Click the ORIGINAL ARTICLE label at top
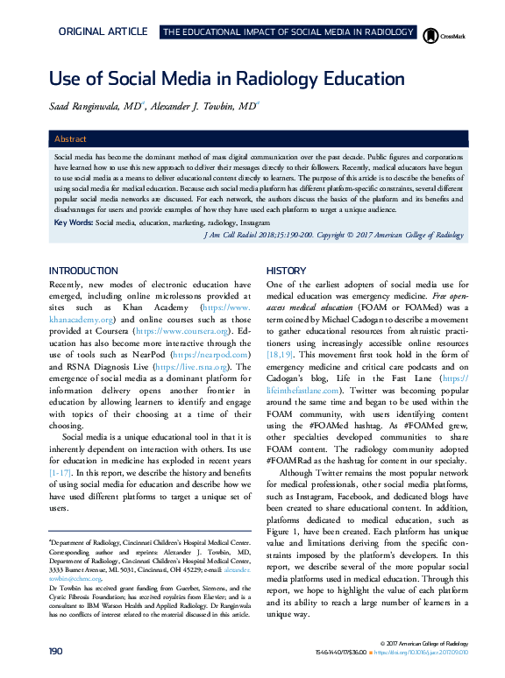103,32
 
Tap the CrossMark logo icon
431,34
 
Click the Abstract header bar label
70,139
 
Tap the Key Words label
74,223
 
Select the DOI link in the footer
425,653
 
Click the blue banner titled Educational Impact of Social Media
288,32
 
